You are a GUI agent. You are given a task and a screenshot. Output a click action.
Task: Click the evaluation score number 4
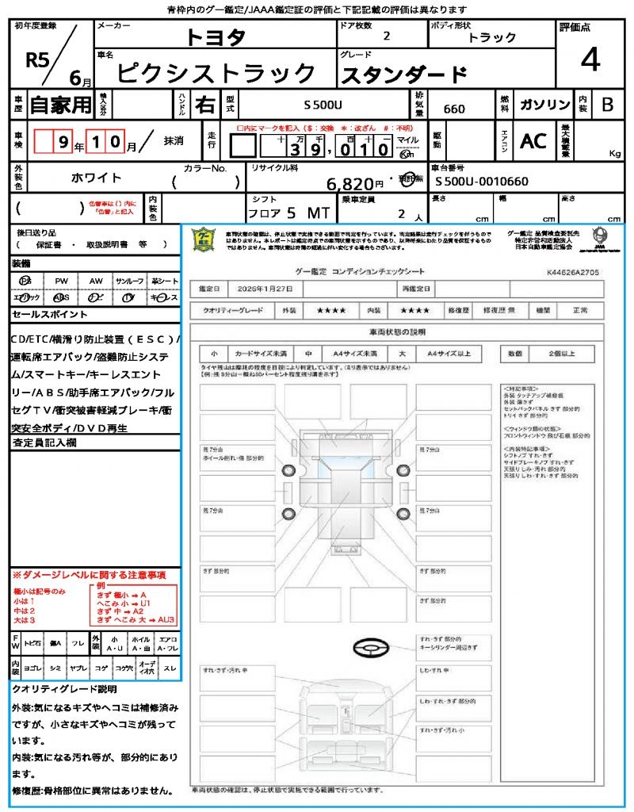tap(590, 60)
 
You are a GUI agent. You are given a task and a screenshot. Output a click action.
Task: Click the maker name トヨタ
tap(216, 37)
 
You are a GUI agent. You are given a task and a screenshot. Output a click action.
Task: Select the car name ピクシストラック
tap(216, 73)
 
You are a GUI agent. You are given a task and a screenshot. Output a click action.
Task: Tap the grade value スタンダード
tap(403, 75)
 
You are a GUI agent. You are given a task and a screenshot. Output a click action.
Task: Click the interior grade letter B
tap(607, 105)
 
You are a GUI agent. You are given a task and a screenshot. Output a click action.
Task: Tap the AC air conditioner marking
tap(533, 141)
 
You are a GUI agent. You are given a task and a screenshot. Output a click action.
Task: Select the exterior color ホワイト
tap(98, 178)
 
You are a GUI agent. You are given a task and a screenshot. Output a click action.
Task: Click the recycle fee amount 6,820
tap(349, 184)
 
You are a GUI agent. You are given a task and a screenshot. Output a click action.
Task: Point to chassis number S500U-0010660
tap(481, 182)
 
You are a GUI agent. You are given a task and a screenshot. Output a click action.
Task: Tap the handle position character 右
tap(204, 105)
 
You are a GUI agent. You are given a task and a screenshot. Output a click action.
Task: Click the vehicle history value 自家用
tap(60, 105)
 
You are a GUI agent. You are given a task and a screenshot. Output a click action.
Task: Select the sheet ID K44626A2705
tap(572, 272)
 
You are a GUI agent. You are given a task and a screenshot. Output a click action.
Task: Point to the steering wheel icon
tap(369, 649)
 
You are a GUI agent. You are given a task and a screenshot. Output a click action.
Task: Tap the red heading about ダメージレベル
tap(88, 574)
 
